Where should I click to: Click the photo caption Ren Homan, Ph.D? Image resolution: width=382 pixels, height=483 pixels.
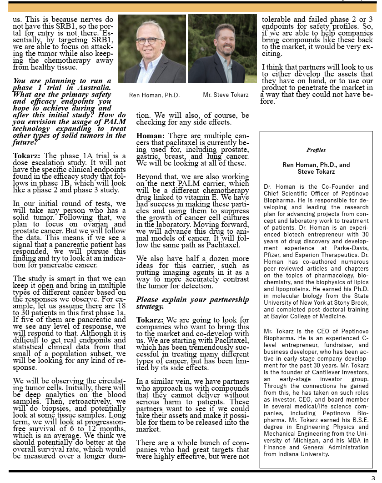tap(154, 96)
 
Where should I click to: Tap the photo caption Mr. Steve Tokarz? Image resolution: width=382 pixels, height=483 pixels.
tap(226, 95)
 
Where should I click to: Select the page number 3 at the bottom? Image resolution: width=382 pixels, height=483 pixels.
tap(373, 478)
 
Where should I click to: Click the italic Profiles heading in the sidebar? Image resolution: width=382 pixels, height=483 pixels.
tap(316, 150)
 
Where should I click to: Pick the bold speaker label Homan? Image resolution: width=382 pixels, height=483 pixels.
tap(150, 136)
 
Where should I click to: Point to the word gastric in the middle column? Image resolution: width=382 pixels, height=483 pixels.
tap(149, 156)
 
